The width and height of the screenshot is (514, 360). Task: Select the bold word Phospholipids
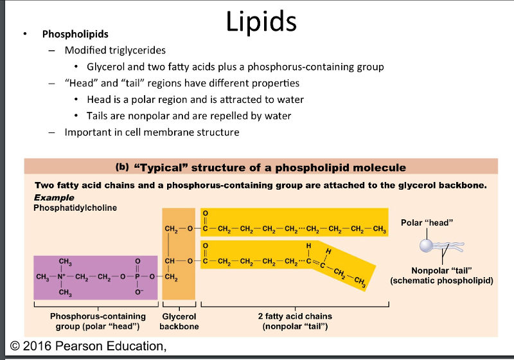coord(75,34)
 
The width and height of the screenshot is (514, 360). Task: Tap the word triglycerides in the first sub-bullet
coord(138,50)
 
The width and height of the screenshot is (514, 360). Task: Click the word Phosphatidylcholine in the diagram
coord(75,208)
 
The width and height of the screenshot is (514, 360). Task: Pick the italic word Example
coord(54,198)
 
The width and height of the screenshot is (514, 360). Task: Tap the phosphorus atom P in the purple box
coord(136,277)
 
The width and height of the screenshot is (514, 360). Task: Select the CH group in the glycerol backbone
coord(171,262)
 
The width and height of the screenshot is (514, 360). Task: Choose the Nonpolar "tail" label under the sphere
coord(436,271)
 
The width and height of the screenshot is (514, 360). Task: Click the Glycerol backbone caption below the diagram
coord(179,321)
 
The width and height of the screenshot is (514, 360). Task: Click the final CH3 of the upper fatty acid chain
coord(379,229)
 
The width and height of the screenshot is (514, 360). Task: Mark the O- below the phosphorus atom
coord(136,292)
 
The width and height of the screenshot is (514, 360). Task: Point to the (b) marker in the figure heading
coord(123,167)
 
